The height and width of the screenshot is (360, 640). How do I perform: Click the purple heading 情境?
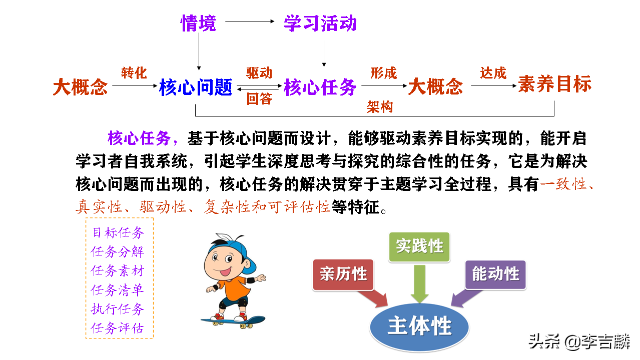199,23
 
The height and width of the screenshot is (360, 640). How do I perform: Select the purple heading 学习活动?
320,23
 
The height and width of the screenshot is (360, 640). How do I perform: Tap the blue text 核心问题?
196,87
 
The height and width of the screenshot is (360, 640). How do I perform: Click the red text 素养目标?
554,84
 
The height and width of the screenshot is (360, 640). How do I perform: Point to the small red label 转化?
134,73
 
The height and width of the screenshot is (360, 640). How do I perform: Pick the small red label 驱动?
259,73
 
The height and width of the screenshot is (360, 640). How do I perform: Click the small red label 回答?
259,99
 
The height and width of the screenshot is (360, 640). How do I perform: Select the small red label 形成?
383,73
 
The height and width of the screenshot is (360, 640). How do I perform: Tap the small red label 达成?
493,73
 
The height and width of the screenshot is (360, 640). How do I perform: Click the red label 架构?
380,107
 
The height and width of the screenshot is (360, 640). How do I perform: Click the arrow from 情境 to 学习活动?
250,21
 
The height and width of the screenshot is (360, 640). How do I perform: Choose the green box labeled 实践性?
419,247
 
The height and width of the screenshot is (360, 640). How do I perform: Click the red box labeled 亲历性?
343,274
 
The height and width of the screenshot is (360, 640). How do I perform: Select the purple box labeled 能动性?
495,274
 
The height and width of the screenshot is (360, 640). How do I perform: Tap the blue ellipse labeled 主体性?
419,327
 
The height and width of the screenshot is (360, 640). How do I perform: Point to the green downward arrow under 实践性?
419,283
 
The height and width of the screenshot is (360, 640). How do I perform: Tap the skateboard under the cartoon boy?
233,322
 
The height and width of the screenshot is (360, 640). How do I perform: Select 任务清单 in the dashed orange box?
117,290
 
